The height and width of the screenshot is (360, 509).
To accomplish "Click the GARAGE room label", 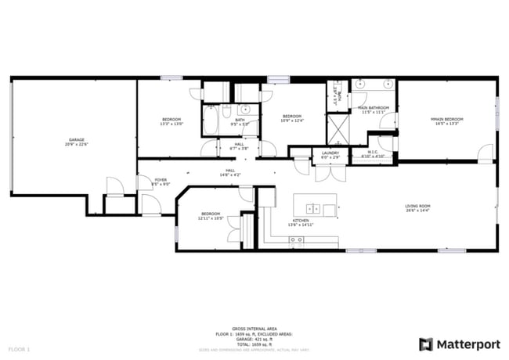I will pyautogui.click(x=76, y=140).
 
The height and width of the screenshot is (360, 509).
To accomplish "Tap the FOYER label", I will pyautogui.click(x=161, y=180).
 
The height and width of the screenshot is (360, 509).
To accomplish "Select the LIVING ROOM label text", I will pyautogui.click(x=417, y=206).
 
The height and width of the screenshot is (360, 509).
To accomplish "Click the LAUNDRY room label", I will pyautogui.click(x=330, y=153).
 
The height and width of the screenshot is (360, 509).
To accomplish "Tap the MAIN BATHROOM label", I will pyautogui.click(x=374, y=107).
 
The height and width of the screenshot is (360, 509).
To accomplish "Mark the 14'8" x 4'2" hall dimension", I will pyautogui.click(x=230, y=175).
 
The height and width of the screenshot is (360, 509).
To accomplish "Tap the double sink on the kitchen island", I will pyautogui.click(x=312, y=208).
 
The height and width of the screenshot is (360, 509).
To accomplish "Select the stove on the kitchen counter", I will pyautogui.click(x=296, y=242).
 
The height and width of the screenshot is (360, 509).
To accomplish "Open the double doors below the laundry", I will pyautogui.click(x=330, y=171).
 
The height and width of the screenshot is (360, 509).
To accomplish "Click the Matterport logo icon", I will pyautogui.click(x=426, y=344).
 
